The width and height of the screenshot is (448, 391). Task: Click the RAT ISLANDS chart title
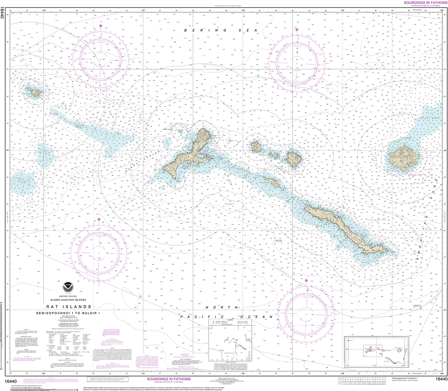coord(69,306)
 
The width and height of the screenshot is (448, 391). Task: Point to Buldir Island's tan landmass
coord(35,92)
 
